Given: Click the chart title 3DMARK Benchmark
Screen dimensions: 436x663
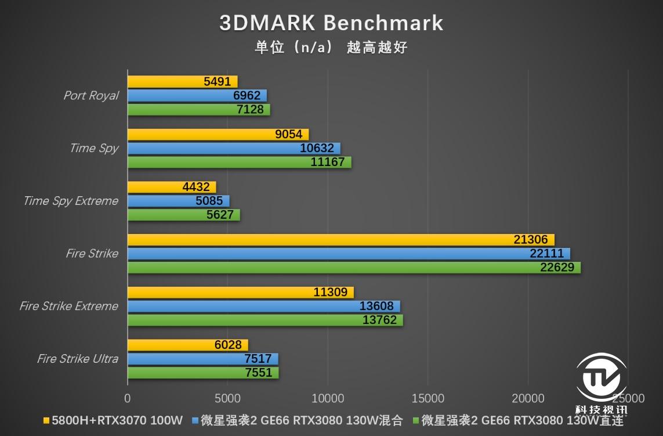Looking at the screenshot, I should (331, 23).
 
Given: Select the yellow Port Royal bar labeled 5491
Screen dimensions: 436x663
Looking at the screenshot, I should (182, 82).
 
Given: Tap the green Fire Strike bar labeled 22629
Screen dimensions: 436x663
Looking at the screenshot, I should (354, 268).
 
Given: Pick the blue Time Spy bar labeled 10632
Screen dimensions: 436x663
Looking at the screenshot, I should (234, 148).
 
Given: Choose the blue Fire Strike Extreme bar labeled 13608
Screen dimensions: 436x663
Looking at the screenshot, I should (263, 306).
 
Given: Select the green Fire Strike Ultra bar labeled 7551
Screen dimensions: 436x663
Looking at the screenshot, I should (202, 373).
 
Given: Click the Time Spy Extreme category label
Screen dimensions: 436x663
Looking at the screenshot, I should (70, 201).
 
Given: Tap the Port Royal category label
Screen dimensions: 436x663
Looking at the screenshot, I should (90, 96).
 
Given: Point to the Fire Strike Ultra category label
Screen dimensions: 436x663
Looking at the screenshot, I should (77, 359).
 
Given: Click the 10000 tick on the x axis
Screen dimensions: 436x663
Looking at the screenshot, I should (328, 398).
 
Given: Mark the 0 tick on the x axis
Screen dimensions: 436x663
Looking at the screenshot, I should (128, 398).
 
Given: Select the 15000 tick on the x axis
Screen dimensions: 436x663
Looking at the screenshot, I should (427, 398).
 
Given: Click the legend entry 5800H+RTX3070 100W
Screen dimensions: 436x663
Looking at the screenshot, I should (117, 420).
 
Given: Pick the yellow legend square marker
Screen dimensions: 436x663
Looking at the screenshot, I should (46, 420).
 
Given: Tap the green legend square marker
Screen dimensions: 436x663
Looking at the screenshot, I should (415, 420).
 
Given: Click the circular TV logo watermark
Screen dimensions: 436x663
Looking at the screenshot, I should (600, 378).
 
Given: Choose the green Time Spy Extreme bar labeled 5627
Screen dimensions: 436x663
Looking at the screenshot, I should (183, 215).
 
